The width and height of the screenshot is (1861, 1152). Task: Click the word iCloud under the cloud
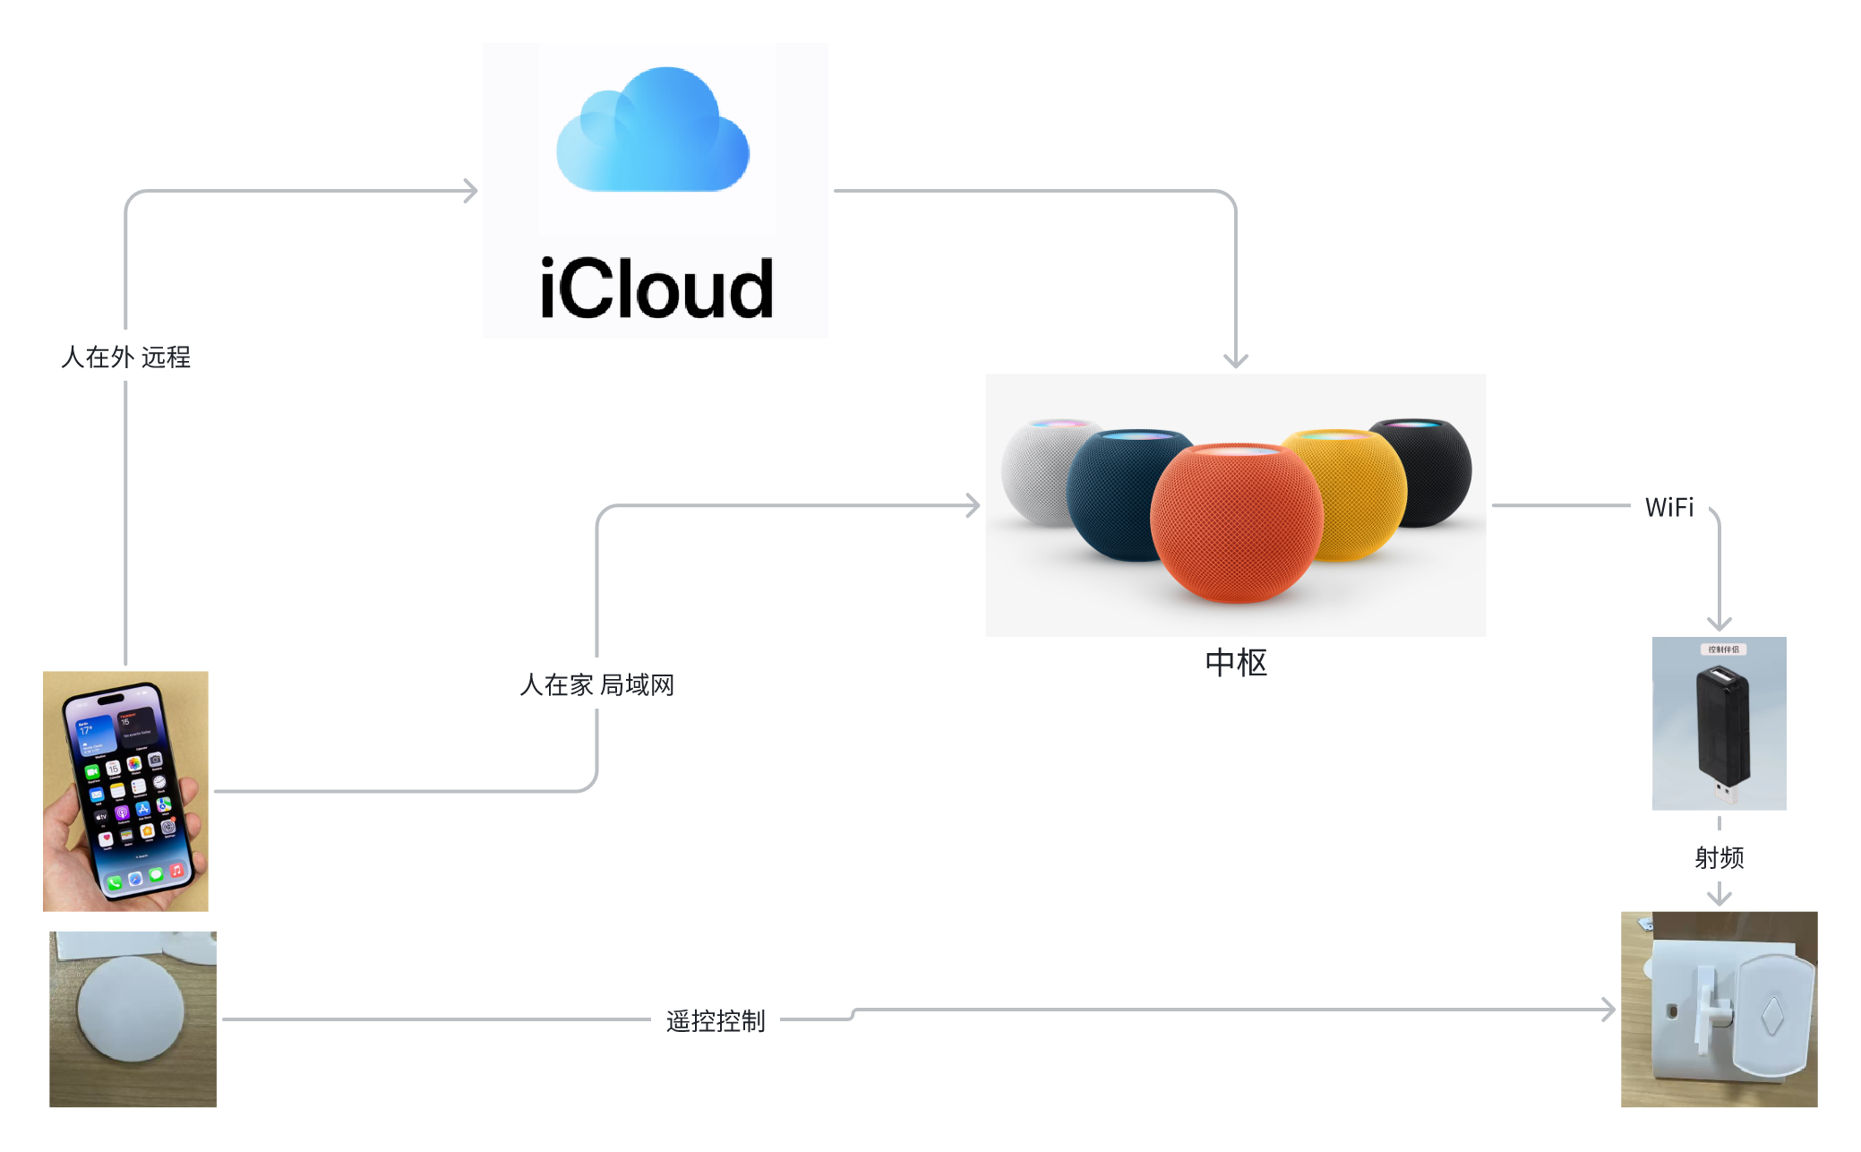point(656,289)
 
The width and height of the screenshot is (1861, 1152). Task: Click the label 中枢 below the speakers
point(1236,663)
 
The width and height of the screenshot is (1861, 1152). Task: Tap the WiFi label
point(1669,508)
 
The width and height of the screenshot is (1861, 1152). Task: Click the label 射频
point(1719,857)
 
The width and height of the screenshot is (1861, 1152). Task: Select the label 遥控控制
point(716,1020)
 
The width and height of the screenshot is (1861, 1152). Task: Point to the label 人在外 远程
point(125,357)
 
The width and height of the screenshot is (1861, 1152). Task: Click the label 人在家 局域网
point(596,685)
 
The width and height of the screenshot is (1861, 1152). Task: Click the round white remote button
point(131,1009)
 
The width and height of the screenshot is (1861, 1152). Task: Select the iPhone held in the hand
point(125,788)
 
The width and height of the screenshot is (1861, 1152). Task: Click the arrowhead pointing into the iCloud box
point(471,191)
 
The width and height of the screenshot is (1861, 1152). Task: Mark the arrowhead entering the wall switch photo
point(1609,1010)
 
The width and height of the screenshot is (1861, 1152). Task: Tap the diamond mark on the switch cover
point(1772,1016)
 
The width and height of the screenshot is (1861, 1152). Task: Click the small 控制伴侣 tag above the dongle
point(1723,649)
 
